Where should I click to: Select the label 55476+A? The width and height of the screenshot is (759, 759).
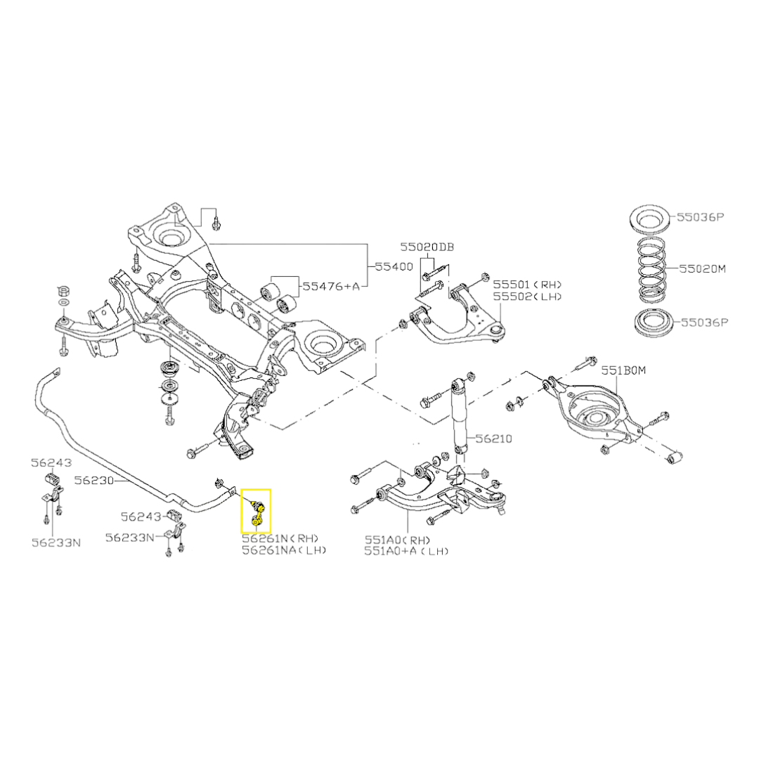tap(331, 287)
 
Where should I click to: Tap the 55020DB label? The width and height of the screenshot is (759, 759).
tap(427, 247)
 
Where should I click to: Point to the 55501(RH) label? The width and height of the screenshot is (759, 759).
tap(528, 285)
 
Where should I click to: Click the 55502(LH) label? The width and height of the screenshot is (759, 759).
tap(528, 297)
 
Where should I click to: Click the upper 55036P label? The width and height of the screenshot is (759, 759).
tap(700, 218)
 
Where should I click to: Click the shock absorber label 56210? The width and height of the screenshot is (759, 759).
tap(493, 439)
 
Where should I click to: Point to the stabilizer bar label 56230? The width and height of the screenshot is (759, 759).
tap(93, 481)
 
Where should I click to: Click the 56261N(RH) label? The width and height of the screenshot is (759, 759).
tap(285, 539)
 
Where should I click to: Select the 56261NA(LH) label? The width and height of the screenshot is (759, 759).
tap(285, 550)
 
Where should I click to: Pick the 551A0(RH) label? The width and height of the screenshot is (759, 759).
tap(396, 540)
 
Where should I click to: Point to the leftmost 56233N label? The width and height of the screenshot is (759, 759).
tap(56, 543)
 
